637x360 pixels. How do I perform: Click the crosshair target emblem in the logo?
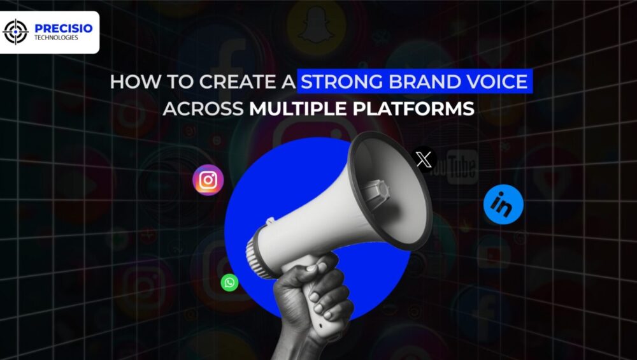click(16, 32)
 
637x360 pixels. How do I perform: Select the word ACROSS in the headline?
click(203, 108)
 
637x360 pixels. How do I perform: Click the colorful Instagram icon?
click(208, 180)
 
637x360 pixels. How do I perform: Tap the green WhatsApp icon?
click(229, 282)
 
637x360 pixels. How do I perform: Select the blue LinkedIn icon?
click(503, 205)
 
